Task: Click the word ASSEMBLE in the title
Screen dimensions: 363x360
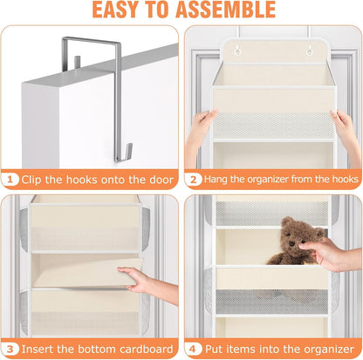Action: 225,10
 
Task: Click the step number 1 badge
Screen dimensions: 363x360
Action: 10,180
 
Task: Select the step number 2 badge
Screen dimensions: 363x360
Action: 194,180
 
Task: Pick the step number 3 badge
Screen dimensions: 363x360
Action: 10,349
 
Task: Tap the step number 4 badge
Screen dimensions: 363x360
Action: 194,349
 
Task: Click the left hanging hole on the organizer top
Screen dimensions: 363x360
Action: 237,51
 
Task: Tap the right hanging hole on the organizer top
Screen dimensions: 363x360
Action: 310,51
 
